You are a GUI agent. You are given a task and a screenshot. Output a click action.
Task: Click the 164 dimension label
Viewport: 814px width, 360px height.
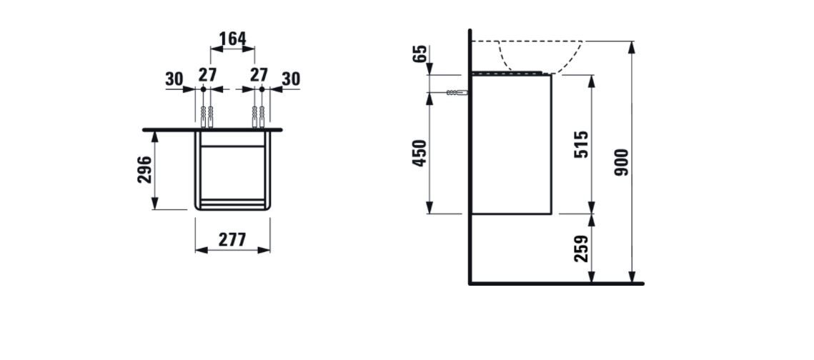tap(232, 39)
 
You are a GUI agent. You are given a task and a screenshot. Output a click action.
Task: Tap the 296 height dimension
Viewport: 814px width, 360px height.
tap(145, 169)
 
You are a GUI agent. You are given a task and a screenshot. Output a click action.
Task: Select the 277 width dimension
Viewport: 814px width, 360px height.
tap(232, 240)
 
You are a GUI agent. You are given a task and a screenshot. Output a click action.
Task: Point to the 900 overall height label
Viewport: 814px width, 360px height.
tap(622, 162)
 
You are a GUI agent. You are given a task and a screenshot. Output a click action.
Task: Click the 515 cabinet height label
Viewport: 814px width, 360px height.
tap(582, 145)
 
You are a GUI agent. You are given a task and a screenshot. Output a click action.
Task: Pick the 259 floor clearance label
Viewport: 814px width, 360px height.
tap(582, 249)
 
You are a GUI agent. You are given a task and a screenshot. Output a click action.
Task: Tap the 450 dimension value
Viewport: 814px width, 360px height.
tap(420, 153)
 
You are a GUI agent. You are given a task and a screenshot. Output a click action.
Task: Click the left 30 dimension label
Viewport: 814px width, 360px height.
tap(174, 79)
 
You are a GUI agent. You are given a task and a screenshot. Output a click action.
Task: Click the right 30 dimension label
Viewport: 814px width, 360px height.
tap(292, 79)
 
